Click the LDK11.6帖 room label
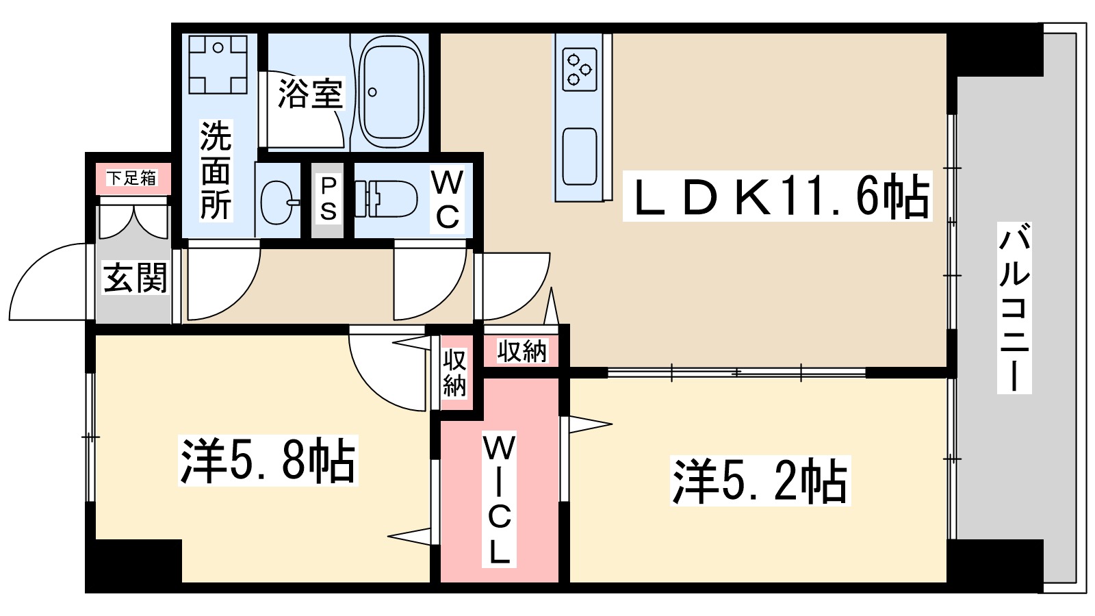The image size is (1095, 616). [777, 197]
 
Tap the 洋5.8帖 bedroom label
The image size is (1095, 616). [268, 461]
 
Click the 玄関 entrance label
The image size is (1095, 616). [135, 278]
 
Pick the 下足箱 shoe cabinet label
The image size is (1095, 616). [132, 179]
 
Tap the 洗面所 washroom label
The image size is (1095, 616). [216, 171]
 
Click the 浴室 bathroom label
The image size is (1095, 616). [310, 94]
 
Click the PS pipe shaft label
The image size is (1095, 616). [328, 199]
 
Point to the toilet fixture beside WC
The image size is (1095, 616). [387, 199]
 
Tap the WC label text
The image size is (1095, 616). [447, 200]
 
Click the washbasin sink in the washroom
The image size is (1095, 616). [279, 202]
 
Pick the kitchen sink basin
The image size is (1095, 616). [579, 156]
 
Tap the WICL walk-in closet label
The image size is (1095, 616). [499, 499]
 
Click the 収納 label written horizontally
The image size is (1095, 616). [522, 351]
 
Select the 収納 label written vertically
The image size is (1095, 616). [454, 372]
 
